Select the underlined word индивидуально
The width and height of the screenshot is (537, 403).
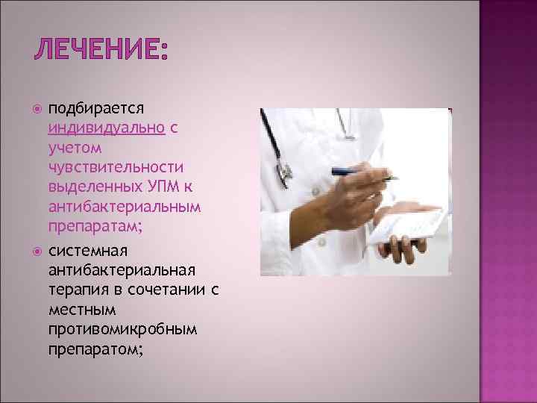(107, 128)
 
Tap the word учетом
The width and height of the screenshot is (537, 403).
(72, 148)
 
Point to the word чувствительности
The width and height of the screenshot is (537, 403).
(115, 167)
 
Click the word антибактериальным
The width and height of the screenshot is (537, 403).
(124, 206)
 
